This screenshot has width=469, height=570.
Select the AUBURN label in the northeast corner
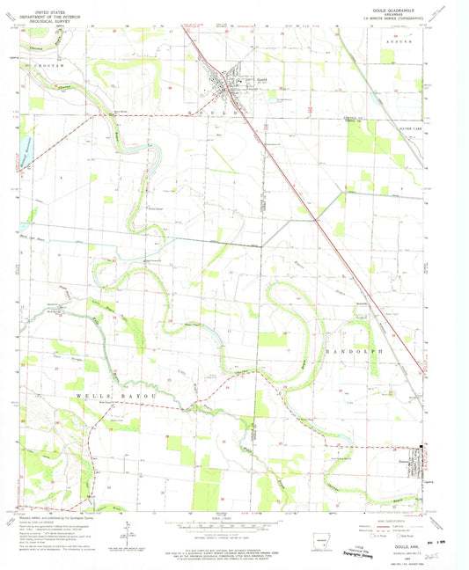tap(406, 41)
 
